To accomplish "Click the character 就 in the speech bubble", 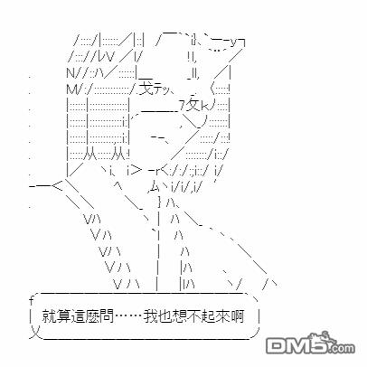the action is pyautogui.click(x=48, y=316).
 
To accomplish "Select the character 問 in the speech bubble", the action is pyautogui.click(x=108, y=316).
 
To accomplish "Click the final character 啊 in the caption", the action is pyautogui.click(x=238, y=316).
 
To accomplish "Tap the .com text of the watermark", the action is pyautogui.click(x=342, y=349).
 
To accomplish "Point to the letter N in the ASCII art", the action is pyautogui.click(x=71, y=73).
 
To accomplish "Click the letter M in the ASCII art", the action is pyautogui.click(x=71, y=89).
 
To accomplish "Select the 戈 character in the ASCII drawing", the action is pyautogui.click(x=146, y=87).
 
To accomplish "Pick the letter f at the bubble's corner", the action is pyautogui.click(x=32, y=300).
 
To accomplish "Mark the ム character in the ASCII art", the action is pyautogui.click(x=155, y=188).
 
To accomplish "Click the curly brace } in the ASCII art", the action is pyautogui.click(x=160, y=201).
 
